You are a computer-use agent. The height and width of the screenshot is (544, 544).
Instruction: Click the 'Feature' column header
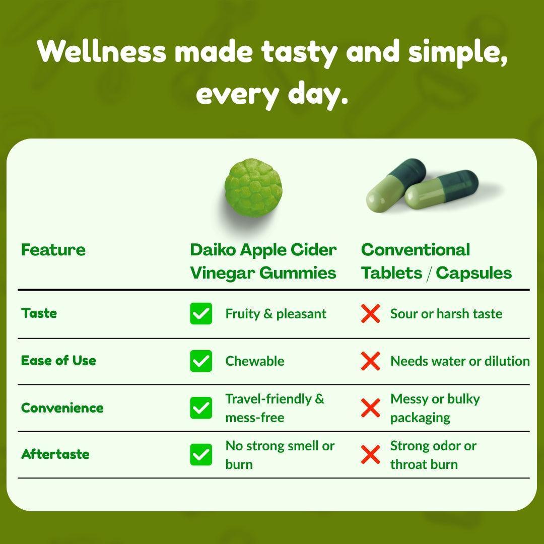[x=53, y=250]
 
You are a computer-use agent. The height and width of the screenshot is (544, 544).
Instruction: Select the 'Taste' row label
[x=39, y=313]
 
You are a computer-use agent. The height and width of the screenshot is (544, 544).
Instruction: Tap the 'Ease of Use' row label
[x=58, y=361]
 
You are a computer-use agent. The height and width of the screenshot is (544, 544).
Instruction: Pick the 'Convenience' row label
[x=62, y=407]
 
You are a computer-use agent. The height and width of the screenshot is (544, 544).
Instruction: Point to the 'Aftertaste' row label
[x=55, y=454]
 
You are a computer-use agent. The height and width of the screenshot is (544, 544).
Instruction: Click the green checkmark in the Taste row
[x=201, y=314]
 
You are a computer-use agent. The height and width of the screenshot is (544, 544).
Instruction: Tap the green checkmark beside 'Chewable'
[x=201, y=361]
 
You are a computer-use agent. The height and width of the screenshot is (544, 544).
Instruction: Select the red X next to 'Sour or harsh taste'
[x=370, y=314]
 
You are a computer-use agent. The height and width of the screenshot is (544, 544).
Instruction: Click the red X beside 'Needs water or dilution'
[x=370, y=361]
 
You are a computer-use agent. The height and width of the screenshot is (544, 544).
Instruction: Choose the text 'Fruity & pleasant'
[x=276, y=314]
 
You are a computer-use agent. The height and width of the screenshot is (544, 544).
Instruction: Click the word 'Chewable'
[x=254, y=361]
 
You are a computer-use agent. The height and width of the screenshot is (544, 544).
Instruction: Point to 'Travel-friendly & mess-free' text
[x=275, y=408]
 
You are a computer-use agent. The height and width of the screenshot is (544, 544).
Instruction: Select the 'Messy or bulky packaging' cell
[x=435, y=408]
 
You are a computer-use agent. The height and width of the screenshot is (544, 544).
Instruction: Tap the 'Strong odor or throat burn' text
[x=433, y=455]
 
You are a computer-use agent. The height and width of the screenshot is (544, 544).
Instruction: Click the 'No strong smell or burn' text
[x=280, y=455]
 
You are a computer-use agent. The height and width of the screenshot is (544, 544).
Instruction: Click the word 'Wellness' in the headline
[x=101, y=52]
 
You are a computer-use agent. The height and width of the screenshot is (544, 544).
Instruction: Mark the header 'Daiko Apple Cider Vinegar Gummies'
[x=263, y=261]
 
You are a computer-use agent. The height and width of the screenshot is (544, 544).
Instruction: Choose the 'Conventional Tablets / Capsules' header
[x=436, y=261]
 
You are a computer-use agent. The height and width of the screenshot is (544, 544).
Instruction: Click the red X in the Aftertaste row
[x=370, y=455]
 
